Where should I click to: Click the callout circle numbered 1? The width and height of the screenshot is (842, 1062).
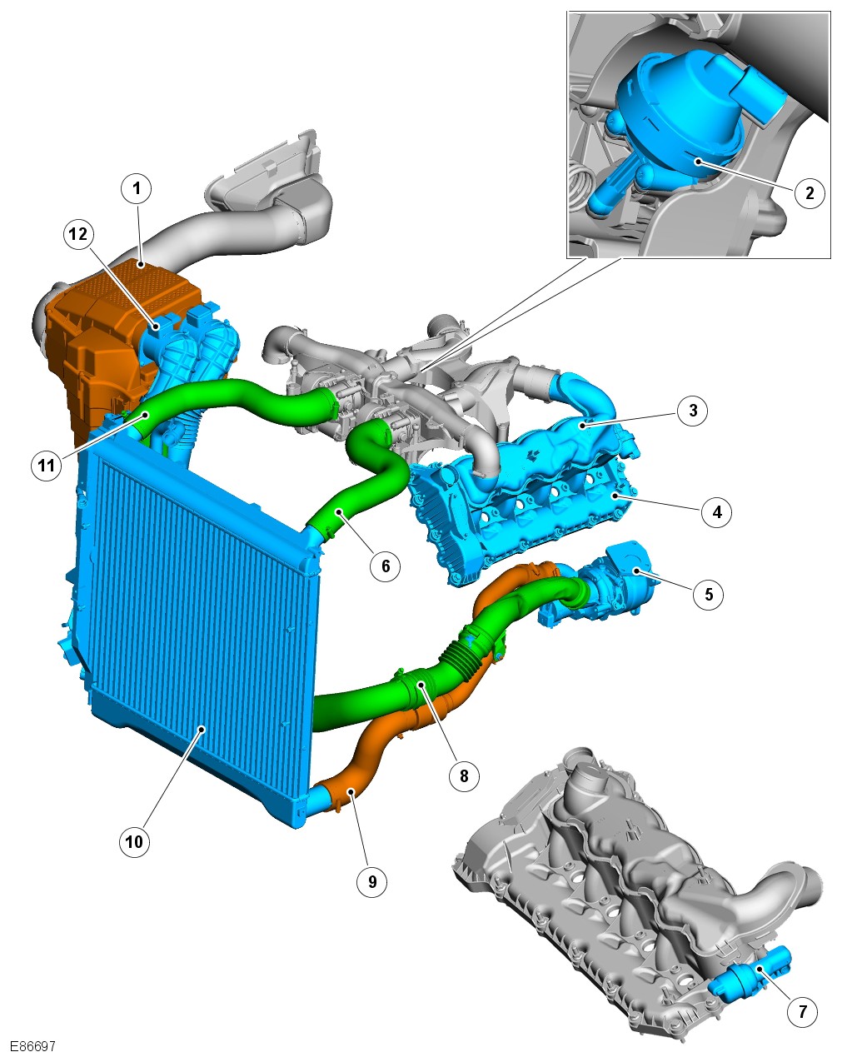tap(137, 188)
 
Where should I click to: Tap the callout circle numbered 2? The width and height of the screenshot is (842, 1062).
tap(810, 192)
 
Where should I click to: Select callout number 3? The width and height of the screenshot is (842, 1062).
tap(693, 410)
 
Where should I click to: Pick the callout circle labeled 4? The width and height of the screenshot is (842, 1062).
tap(717, 511)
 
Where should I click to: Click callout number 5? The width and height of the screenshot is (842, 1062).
tap(709, 594)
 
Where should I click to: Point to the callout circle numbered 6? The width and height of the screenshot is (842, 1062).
tap(386, 566)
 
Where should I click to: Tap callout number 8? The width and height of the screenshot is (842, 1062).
tap(464, 775)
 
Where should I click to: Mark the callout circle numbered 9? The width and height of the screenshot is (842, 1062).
tap(372, 881)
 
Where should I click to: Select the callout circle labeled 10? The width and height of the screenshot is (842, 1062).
tap(134, 841)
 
